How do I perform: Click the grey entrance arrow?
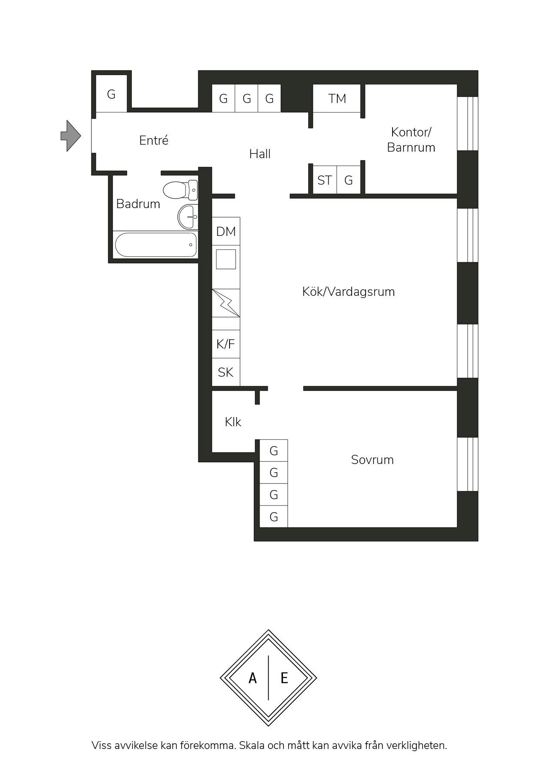[x=70, y=136]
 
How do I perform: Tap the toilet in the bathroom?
[x=180, y=190]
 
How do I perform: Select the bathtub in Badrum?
[x=156, y=245]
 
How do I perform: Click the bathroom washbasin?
[x=188, y=216]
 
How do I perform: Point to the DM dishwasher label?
[x=226, y=232]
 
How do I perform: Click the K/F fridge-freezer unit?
[x=226, y=344]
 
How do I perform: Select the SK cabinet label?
[x=226, y=372]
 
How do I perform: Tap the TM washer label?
[x=337, y=99]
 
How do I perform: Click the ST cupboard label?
[x=325, y=180]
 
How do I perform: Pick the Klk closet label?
[x=233, y=422]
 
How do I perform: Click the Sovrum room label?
[x=373, y=460]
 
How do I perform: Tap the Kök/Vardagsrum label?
[x=349, y=292]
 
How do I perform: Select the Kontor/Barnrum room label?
[x=411, y=139]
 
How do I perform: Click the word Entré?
[x=154, y=140]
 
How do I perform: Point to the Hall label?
[x=260, y=154]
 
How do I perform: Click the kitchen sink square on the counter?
[x=226, y=259]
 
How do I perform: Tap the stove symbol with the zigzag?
[x=226, y=303]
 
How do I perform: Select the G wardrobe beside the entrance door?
[x=111, y=94]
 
